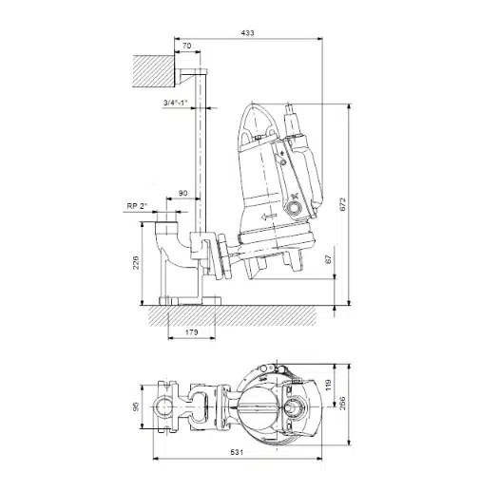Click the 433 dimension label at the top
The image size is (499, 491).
pyautogui.click(x=247, y=32)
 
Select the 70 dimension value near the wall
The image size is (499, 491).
pyautogui.click(x=187, y=46)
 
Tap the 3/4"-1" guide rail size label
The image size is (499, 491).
pyautogui.click(x=176, y=103)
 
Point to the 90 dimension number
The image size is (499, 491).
pyautogui.click(x=183, y=193)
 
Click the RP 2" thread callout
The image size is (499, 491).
pyautogui.click(x=138, y=206)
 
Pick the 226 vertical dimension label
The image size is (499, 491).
pyautogui.click(x=136, y=262)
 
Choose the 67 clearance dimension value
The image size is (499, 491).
pyautogui.click(x=329, y=259)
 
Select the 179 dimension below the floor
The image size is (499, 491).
pyautogui.click(x=192, y=332)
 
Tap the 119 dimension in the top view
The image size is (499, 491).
pyautogui.click(x=329, y=385)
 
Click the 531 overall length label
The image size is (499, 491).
pyautogui.click(x=237, y=452)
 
